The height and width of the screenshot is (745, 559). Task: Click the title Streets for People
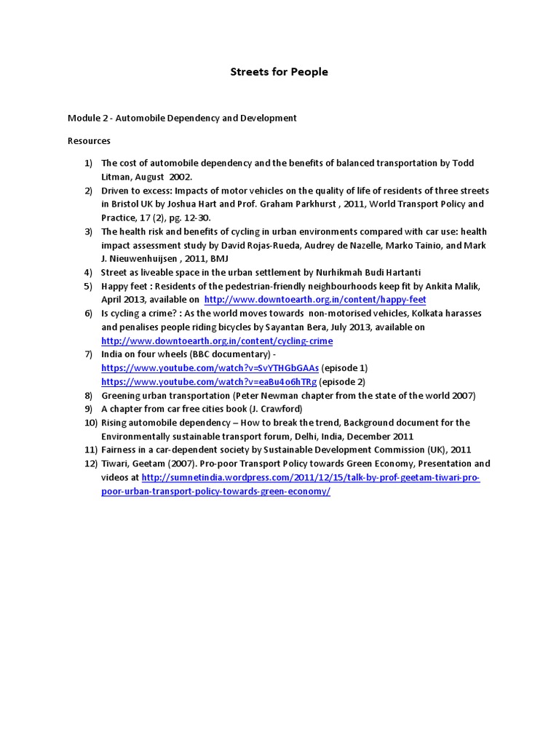pos(279,72)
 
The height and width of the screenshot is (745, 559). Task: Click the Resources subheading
pos(89,140)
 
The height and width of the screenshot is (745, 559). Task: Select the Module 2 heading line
pos(182,118)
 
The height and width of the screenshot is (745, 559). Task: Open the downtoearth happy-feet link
pos(315,300)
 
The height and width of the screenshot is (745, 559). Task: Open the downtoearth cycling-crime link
pos(217,340)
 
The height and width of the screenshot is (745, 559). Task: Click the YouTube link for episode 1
pos(210,368)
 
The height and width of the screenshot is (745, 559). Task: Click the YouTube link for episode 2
pos(209,382)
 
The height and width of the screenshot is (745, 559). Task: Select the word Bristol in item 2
pos(126,204)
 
